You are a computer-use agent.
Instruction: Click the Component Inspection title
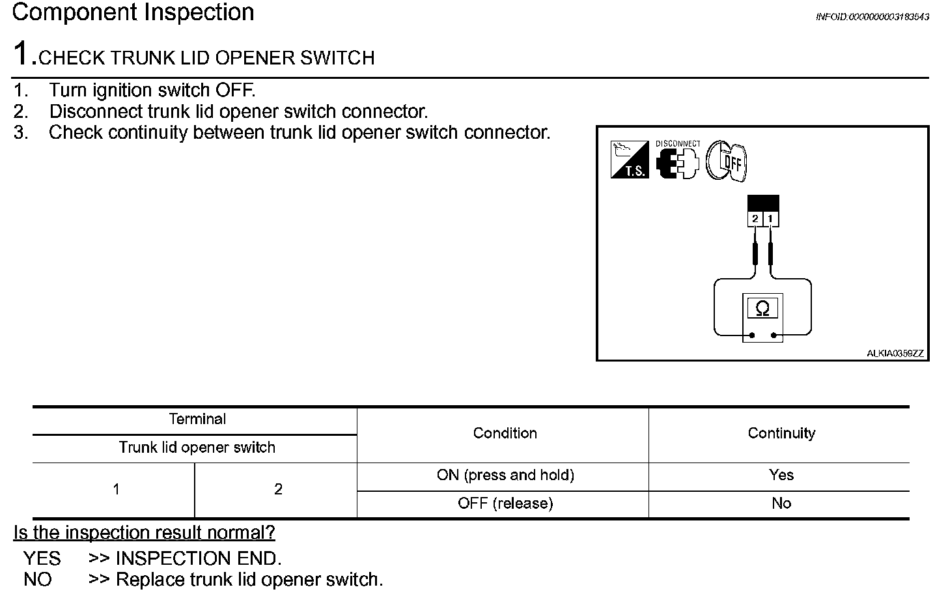click(x=133, y=13)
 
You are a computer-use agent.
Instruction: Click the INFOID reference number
click(x=872, y=17)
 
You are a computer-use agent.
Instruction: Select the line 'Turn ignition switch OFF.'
click(x=152, y=90)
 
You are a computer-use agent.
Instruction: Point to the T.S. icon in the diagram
click(x=629, y=160)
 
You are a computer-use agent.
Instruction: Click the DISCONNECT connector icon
click(x=677, y=160)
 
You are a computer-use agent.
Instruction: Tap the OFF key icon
click(x=727, y=162)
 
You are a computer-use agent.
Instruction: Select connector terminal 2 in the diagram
click(x=755, y=218)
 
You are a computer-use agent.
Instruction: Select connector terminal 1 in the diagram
click(x=770, y=218)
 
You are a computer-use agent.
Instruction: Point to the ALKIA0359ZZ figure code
click(x=895, y=354)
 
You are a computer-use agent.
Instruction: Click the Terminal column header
click(x=197, y=420)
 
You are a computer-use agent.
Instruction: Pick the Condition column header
click(x=505, y=433)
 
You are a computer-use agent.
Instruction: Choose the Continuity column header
click(x=781, y=433)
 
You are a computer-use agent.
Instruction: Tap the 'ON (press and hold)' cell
click(x=505, y=476)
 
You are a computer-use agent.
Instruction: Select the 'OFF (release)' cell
click(x=505, y=504)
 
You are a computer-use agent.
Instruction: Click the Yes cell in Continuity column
click(x=781, y=476)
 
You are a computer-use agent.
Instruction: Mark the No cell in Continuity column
click(x=781, y=504)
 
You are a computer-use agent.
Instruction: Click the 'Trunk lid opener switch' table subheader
click(x=197, y=448)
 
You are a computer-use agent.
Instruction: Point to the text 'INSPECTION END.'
click(x=198, y=558)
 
